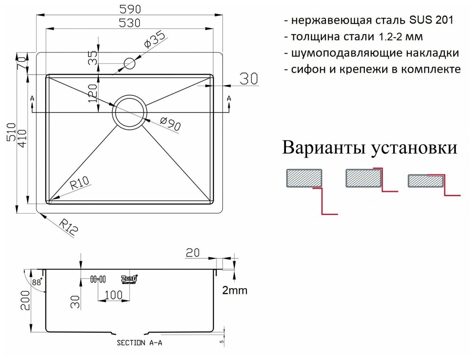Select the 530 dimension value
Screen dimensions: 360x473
coord(129,23)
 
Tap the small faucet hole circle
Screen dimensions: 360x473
coord(129,63)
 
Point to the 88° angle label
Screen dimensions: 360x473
coord(37,281)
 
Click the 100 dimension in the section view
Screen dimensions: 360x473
coord(114,295)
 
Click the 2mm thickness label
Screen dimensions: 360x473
coord(235,290)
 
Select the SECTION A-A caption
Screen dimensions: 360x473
coord(139,343)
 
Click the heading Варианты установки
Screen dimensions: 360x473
coord(369,147)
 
